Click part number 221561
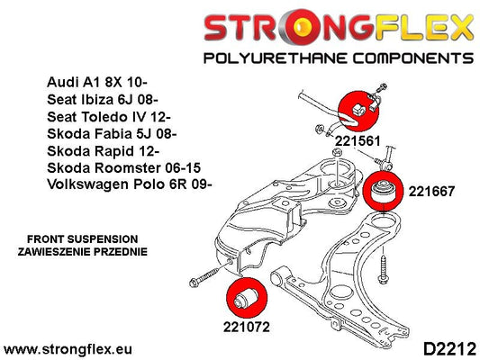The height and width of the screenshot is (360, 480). click(358, 141)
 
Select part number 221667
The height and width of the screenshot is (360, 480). click(431, 192)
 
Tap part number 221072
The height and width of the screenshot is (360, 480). click(247, 327)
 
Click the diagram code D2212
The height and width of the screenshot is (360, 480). click(449, 349)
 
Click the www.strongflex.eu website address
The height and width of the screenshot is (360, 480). click(68, 349)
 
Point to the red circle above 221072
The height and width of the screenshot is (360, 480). click(247, 298)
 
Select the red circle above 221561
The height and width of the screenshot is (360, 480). click(358, 111)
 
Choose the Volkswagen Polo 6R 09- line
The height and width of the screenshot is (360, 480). click(130, 184)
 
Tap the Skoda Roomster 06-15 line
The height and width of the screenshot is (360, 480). click(124, 167)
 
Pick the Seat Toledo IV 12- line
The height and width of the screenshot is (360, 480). click(109, 116)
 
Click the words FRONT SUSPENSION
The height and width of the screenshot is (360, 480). click(82, 238)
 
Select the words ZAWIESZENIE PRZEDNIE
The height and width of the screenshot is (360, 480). click(82, 252)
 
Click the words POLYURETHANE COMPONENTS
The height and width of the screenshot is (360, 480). click(339, 58)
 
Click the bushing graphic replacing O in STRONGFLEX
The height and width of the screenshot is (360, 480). click(303, 27)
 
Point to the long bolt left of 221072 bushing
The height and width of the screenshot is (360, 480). click(211, 274)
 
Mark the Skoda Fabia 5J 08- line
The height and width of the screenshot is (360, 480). click(112, 134)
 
